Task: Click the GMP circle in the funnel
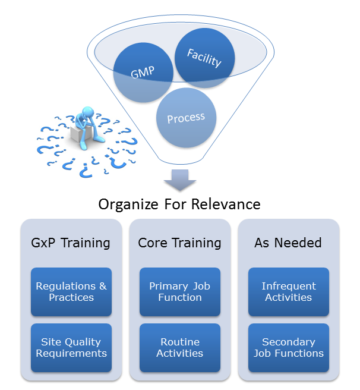pos(143,73)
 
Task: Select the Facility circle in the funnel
pos(204,57)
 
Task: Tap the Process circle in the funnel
pos(185,118)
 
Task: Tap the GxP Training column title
pos(70,243)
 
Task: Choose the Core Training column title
pos(179,243)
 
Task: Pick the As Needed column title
pos(288,243)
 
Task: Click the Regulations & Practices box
pos(71,291)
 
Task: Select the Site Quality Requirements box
pos(71,347)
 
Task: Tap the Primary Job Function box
pos(179,291)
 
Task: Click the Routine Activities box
pos(179,347)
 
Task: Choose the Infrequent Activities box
pos(288,291)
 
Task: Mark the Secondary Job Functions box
pos(288,347)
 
